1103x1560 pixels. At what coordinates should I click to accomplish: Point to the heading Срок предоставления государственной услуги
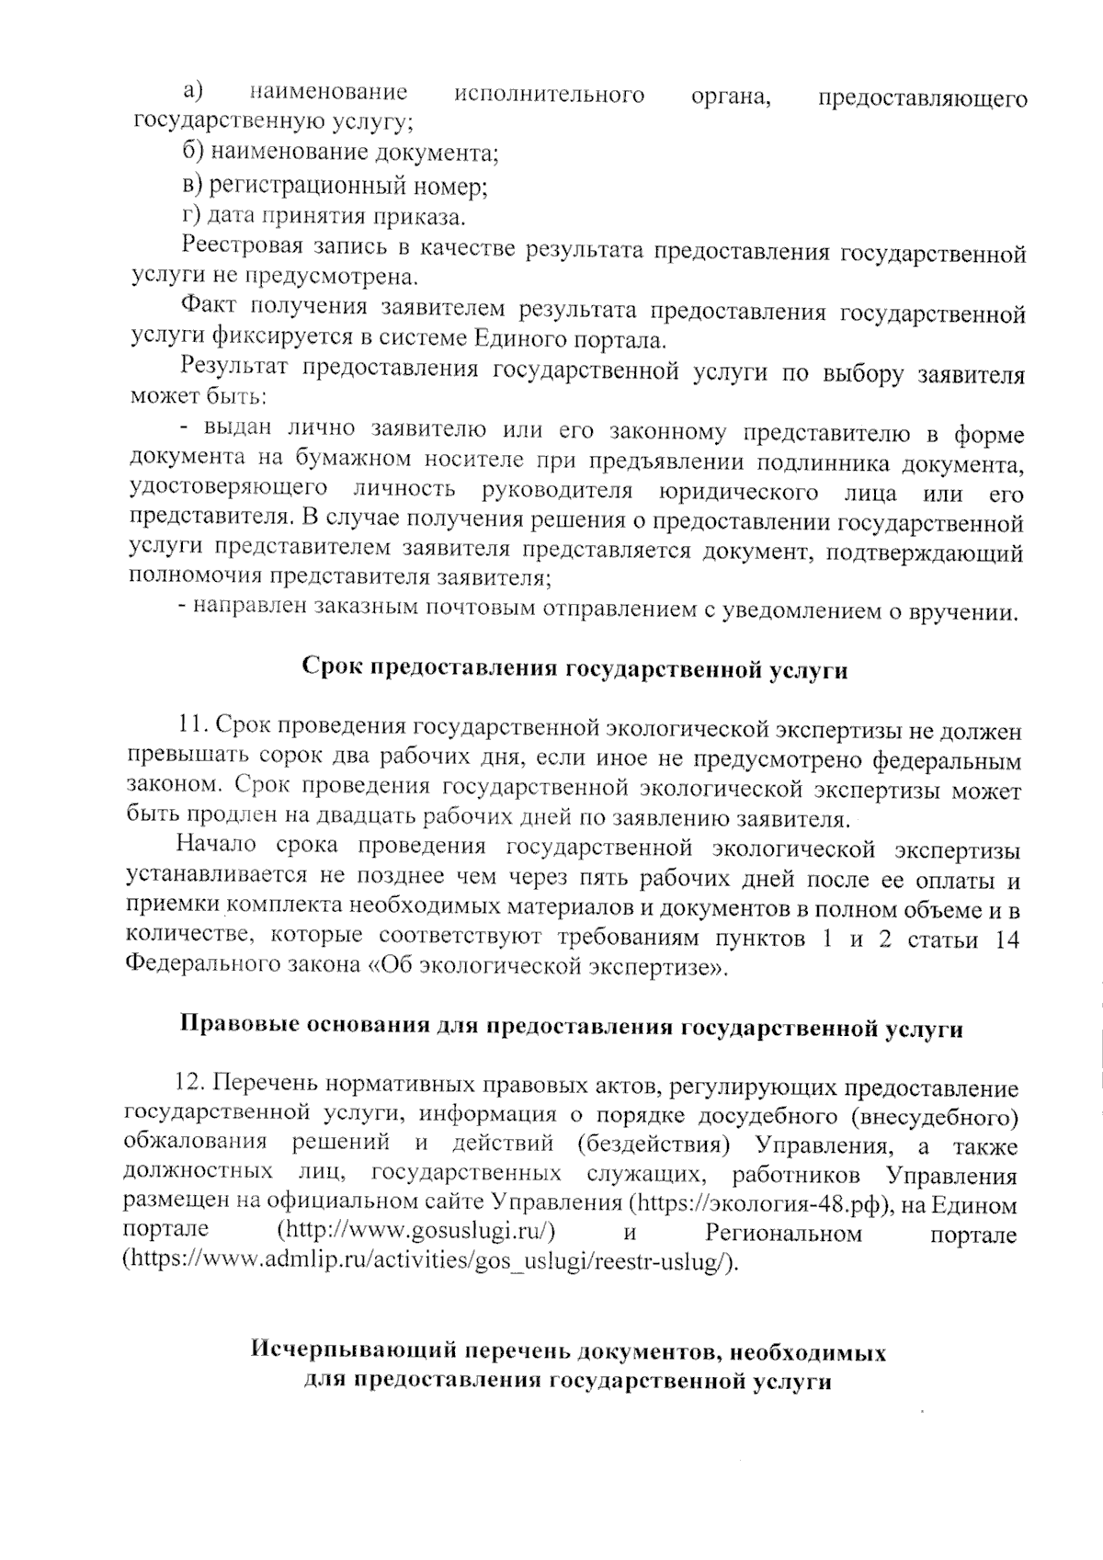(x=574, y=669)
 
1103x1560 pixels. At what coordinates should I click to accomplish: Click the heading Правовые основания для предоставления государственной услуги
(x=571, y=1028)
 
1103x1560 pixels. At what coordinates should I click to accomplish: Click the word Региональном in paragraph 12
(x=783, y=1232)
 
